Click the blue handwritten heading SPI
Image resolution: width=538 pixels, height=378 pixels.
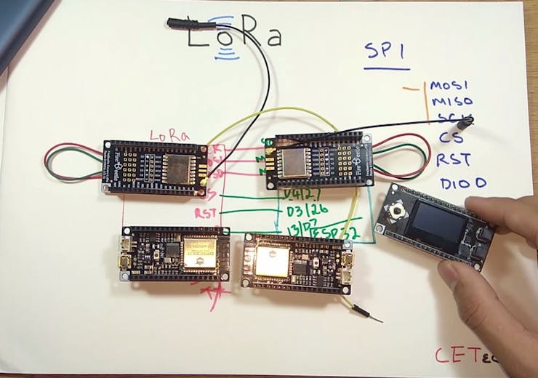click(387, 53)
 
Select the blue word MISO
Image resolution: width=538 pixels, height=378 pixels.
click(451, 102)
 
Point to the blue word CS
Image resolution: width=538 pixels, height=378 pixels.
click(449, 137)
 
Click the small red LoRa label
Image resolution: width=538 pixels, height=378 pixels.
click(169, 134)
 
